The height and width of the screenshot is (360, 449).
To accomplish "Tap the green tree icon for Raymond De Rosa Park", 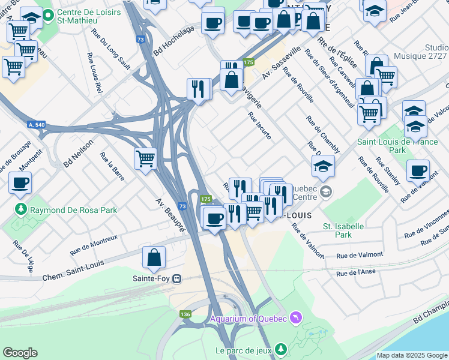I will (x=21, y=210).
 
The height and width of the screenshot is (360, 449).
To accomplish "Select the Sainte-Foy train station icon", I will (x=177, y=278).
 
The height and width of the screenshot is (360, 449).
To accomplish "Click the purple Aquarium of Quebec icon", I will (x=295, y=316).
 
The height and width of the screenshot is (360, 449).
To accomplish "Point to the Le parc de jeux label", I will (x=242, y=349).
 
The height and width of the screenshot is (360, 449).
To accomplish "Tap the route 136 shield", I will (x=185, y=314).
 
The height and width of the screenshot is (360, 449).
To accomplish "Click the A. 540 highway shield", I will (x=37, y=124).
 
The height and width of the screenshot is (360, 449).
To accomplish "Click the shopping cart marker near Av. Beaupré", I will (x=146, y=159).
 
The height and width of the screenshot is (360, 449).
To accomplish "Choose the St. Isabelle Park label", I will (x=343, y=230).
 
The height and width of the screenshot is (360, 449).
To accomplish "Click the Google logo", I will (x=20, y=353).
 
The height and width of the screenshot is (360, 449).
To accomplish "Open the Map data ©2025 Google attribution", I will (x=411, y=355).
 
